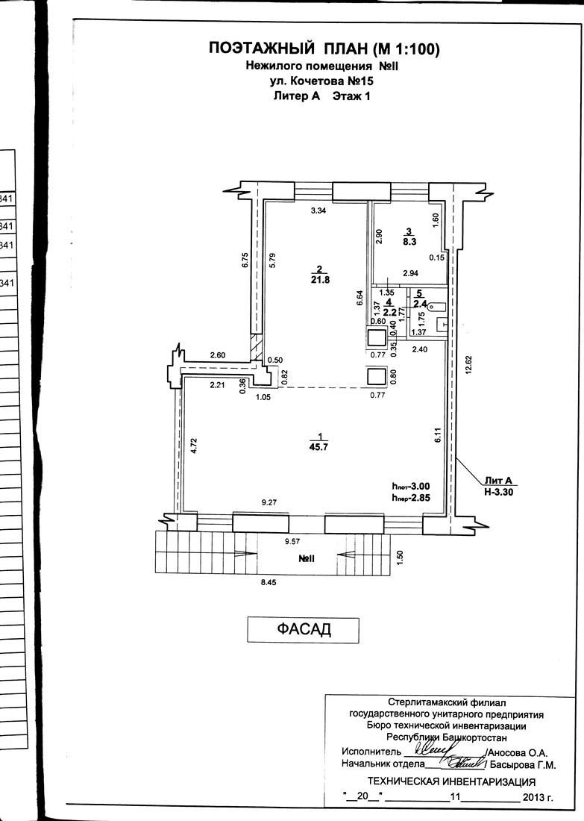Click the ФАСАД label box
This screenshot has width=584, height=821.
[x=303, y=630]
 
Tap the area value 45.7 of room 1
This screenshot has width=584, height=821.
[x=318, y=447]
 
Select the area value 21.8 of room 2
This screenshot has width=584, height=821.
[x=320, y=280]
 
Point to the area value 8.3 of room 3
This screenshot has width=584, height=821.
[x=409, y=242]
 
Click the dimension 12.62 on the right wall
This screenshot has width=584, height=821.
[x=468, y=364]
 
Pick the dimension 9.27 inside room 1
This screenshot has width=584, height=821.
[x=269, y=502]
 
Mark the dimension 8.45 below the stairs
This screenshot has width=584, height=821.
[x=268, y=581]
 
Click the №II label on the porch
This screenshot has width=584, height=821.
[x=307, y=559]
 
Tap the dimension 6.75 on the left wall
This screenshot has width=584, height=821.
[x=245, y=260]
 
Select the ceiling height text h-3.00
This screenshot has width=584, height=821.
[x=411, y=487]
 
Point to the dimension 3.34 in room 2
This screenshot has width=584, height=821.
[x=318, y=211]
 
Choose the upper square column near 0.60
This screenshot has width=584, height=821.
[x=377, y=337]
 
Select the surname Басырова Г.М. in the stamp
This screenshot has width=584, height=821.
[x=523, y=765]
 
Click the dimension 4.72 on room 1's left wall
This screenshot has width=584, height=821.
[x=194, y=445]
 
